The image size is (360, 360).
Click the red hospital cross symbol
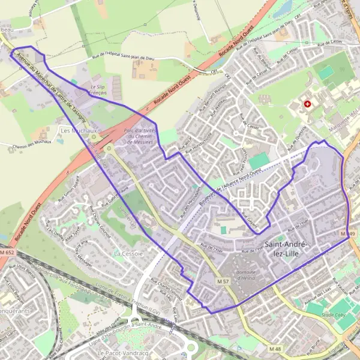308,104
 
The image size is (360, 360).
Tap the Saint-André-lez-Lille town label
286,248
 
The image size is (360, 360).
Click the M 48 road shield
275,349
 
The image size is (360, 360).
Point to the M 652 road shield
7,255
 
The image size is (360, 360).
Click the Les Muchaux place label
79,130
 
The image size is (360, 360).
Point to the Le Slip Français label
97,90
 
